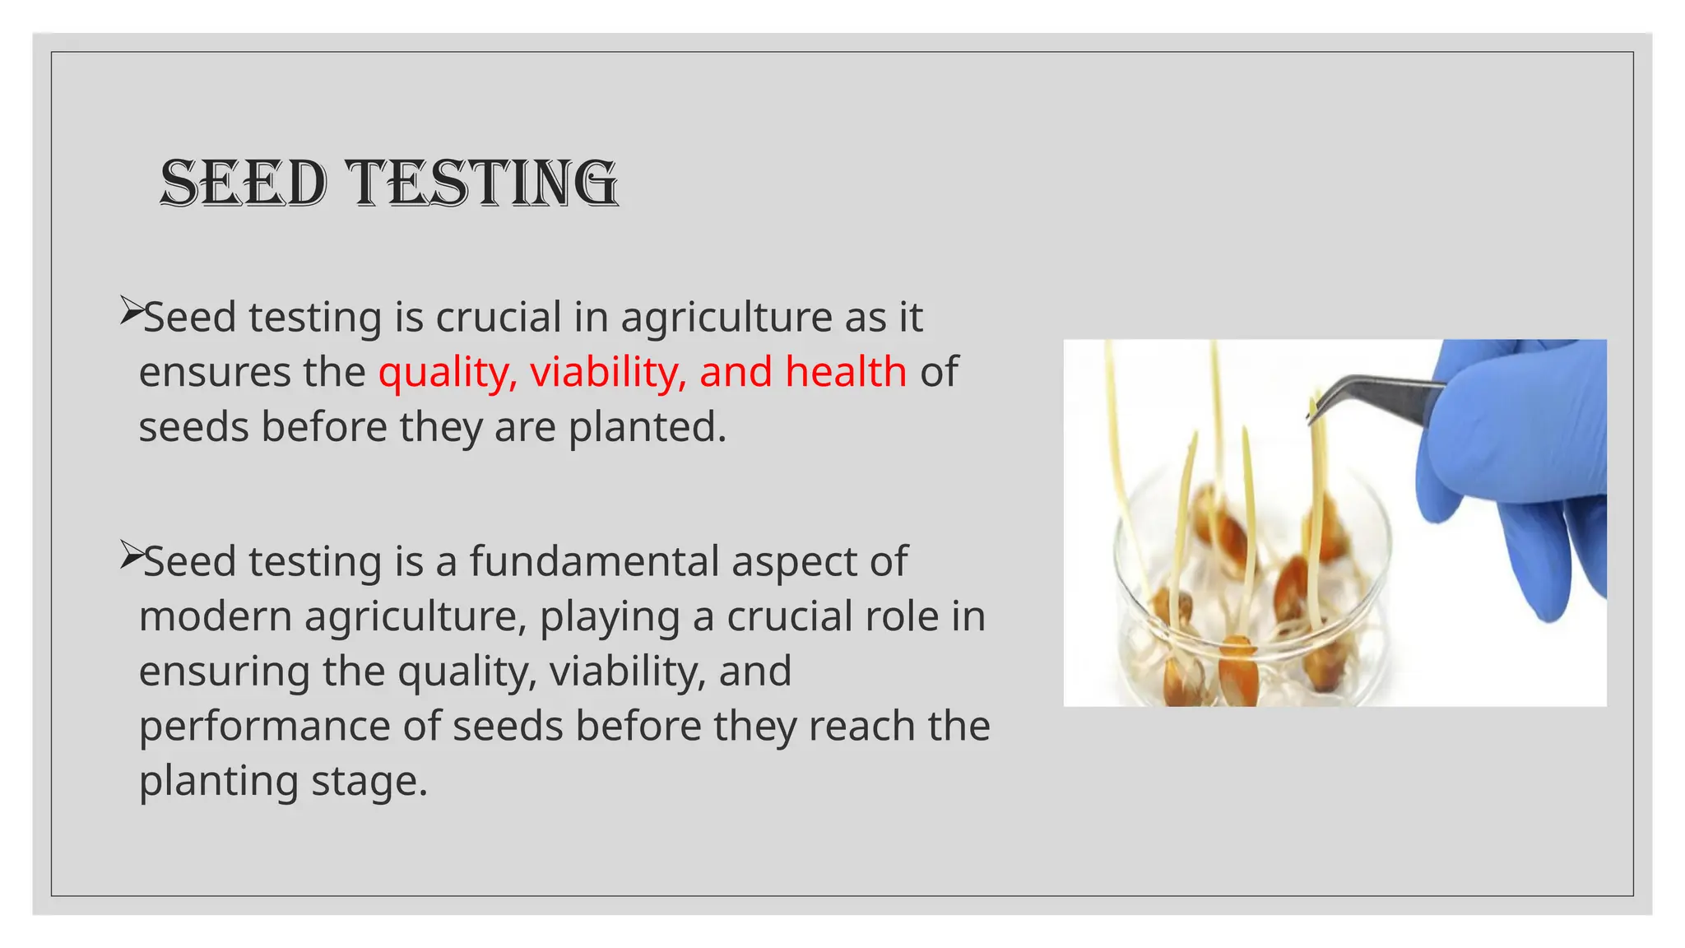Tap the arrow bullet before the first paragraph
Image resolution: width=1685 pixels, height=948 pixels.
(x=132, y=311)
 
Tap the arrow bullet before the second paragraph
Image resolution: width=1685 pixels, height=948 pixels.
(x=132, y=555)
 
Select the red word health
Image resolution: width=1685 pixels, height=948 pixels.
(x=845, y=372)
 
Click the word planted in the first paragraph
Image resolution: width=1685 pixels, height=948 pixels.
(x=648, y=427)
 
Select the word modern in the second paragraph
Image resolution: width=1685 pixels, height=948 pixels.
(x=215, y=616)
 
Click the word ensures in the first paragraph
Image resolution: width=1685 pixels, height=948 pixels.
(x=214, y=372)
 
